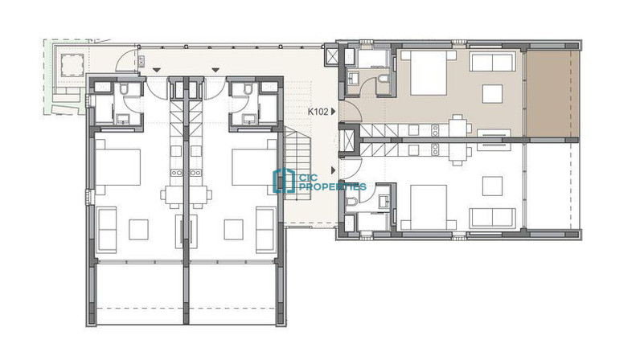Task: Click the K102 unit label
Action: (x=318, y=111)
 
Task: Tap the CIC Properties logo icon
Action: (x=284, y=181)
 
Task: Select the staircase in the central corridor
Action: (x=298, y=163)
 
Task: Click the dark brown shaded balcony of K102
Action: (x=552, y=93)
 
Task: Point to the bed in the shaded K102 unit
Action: (x=429, y=72)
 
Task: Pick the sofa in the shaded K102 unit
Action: (x=492, y=62)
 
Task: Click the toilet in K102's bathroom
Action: (x=384, y=79)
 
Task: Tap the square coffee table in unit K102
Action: (x=493, y=93)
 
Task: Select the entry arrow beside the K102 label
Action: (x=334, y=111)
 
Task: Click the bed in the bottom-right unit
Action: (x=429, y=207)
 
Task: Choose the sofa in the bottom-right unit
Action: (x=492, y=219)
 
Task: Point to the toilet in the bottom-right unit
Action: (x=351, y=201)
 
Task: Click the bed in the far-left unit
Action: (x=118, y=166)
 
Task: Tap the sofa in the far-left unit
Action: (x=108, y=230)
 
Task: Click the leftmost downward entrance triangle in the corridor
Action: (x=157, y=70)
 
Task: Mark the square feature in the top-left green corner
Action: (x=72, y=65)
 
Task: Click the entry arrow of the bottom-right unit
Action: (x=334, y=170)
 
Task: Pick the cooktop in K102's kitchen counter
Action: (x=435, y=130)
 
